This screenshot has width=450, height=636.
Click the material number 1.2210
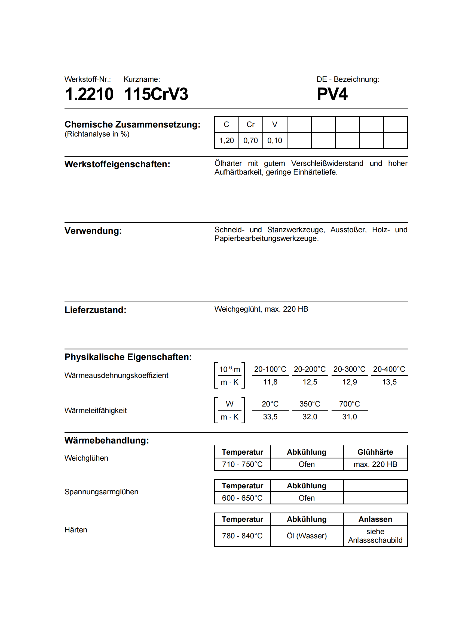[89, 94]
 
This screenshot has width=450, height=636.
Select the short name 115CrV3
[156, 94]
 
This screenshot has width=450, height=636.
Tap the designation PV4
[332, 94]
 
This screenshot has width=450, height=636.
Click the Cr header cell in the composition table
[250, 124]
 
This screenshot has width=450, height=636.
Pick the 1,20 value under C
[226, 140]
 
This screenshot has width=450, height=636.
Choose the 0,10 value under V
[274, 140]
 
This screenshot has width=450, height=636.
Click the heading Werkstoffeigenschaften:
[117, 164]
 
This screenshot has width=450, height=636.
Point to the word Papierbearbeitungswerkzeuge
[266, 238]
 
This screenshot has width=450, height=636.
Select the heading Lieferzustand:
[95, 310]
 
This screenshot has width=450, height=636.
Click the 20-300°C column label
[349, 369]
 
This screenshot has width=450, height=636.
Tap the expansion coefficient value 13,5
[389, 382]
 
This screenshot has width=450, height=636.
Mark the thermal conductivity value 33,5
[270, 417]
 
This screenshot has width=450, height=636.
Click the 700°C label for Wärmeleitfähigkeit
[349, 404]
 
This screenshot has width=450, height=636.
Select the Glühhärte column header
[375, 452]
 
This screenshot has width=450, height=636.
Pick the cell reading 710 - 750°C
[242, 464]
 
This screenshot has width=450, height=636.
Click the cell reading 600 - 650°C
[242, 498]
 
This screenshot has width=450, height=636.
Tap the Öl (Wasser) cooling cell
[307, 536]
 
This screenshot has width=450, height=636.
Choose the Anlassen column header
[375, 519]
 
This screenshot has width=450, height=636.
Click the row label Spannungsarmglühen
[101, 492]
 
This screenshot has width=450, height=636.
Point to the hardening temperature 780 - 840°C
[242, 536]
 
